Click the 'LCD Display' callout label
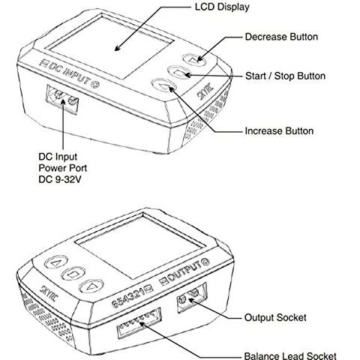(x=222, y=7)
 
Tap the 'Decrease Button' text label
(x=281, y=37)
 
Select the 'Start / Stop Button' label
(x=285, y=76)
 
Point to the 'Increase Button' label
(x=279, y=131)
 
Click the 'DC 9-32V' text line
(x=60, y=179)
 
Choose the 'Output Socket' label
(x=275, y=317)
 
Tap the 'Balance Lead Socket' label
(x=290, y=355)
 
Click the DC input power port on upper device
(x=62, y=99)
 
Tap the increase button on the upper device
(x=163, y=85)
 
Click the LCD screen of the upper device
(x=111, y=46)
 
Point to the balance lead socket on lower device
(x=139, y=323)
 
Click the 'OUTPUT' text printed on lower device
(x=185, y=272)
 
